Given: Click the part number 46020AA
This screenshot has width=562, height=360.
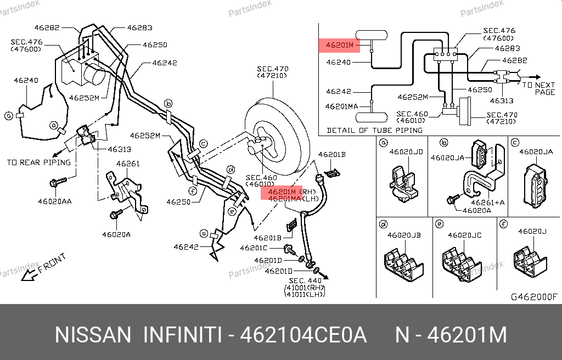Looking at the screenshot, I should (54, 201).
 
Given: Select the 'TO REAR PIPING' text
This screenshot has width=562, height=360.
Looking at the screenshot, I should (38, 162).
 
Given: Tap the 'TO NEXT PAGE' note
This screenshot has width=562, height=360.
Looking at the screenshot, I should (538, 88).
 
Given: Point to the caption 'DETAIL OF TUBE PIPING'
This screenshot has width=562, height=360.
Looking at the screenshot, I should (374, 130).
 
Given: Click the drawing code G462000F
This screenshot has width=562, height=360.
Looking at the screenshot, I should (533, 297).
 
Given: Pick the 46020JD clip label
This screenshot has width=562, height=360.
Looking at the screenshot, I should (406, 152).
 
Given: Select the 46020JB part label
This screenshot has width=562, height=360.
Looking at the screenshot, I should (404, 235).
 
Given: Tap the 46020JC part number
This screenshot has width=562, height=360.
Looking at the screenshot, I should (464, 235).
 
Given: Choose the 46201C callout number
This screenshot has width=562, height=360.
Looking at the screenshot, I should (253, 248).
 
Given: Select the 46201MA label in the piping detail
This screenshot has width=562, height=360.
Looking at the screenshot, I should (342, 106).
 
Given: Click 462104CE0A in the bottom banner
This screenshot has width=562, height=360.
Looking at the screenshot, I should (304, 335).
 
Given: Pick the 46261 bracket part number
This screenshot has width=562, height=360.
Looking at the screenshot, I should (127, 164).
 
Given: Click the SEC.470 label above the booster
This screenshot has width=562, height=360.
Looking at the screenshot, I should (272, 69).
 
